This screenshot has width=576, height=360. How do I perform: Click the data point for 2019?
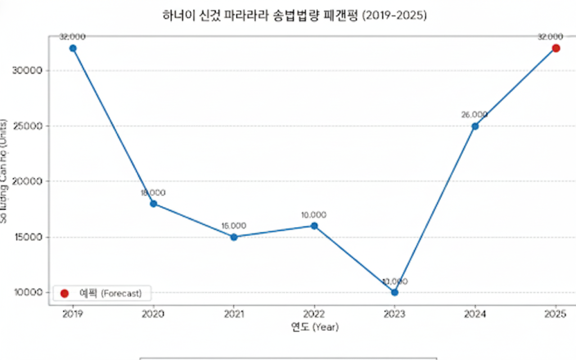(x=73, y=48)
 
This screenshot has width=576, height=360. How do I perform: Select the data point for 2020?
(x=153, y=204)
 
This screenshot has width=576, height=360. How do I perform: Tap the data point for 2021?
(x=233, y=237)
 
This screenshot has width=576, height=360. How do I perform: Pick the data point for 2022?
(x=314, y=226)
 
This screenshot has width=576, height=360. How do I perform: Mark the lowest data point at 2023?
(x=394, y=292)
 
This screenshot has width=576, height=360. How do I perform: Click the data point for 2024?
(x=475, y=126)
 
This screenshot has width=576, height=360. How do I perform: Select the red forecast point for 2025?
(x=556, y=48)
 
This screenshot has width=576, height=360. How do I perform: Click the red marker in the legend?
(x=64, y=293)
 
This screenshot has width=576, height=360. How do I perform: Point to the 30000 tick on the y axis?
(x=28, y=70)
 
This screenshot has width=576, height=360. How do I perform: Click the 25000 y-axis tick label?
(x=28, y=126)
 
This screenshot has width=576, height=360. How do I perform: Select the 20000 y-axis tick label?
(x=28, y=181)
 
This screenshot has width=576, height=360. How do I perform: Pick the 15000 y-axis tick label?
(x=28, y=237)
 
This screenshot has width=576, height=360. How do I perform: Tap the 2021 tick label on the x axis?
(x=233, y=313)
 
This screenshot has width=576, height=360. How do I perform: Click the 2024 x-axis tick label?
(x=475, y=313)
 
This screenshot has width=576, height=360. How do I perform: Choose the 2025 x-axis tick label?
(x=556, y=313)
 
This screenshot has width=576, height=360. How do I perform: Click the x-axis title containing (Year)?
(x=314, y=326)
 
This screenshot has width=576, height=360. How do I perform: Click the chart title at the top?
(x=294, y=16)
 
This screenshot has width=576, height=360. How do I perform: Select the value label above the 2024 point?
(x=474, y=115)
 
